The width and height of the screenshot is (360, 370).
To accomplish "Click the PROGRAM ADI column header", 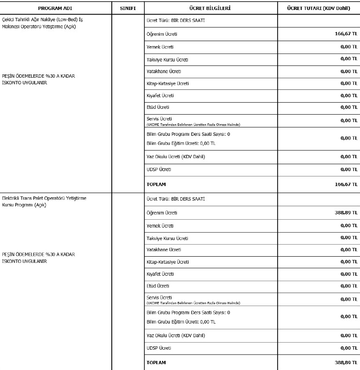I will [x=55, y=8].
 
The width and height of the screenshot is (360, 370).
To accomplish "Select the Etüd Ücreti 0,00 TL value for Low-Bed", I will [x=349, y=107].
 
